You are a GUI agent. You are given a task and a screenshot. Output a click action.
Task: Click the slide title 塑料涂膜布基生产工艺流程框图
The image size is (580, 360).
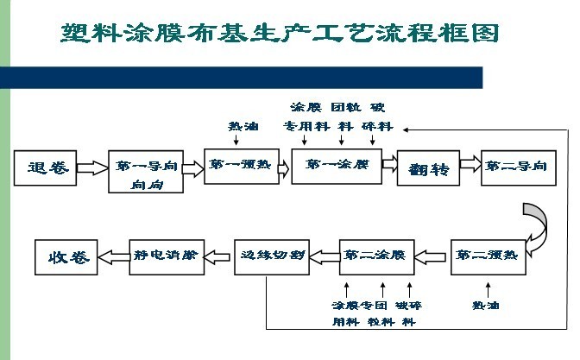281,34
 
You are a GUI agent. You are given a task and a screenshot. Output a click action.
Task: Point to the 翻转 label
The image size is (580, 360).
428,167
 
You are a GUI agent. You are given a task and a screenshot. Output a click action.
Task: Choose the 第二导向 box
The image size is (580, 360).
515,165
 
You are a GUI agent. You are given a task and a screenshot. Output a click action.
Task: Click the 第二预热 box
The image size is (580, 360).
486,256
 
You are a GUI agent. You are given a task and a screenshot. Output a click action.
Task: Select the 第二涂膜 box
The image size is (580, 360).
373,256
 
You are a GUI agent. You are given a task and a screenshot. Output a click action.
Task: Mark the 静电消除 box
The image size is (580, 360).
166,256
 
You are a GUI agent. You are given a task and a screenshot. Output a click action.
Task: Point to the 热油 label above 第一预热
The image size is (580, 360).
242,126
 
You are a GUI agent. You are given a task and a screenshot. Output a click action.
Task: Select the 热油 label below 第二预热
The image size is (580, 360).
486,306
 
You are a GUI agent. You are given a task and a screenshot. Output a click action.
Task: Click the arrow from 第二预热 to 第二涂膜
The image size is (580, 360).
431,256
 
